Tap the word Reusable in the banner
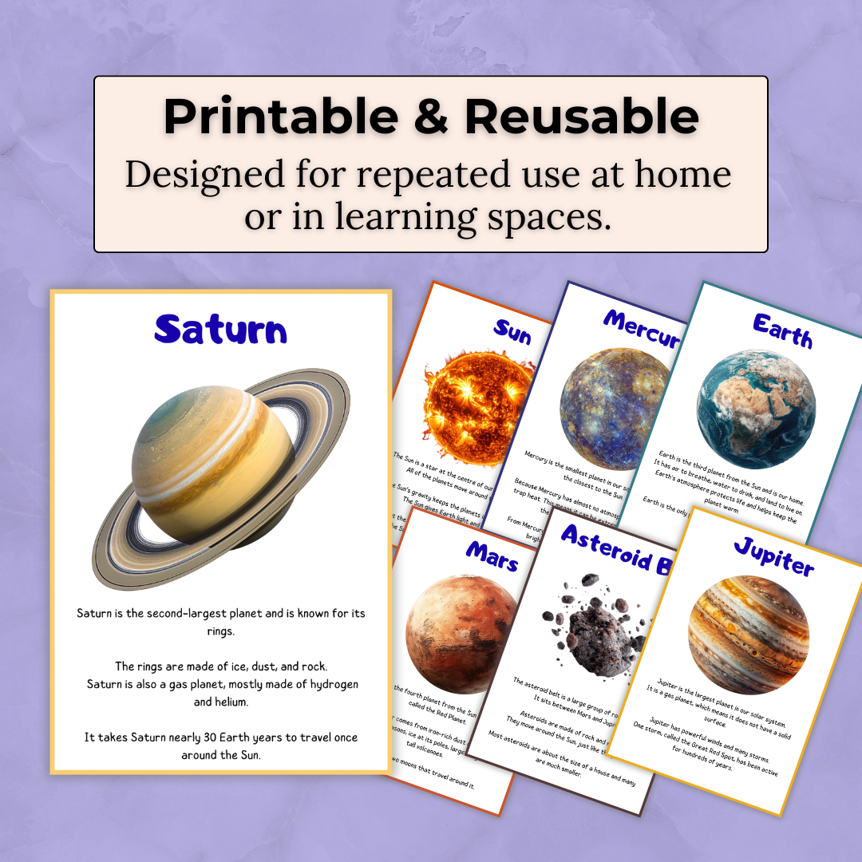(582, 117)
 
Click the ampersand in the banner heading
(431, 117)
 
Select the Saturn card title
(220, 329)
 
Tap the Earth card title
(782, 330)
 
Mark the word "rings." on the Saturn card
(220, 631)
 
